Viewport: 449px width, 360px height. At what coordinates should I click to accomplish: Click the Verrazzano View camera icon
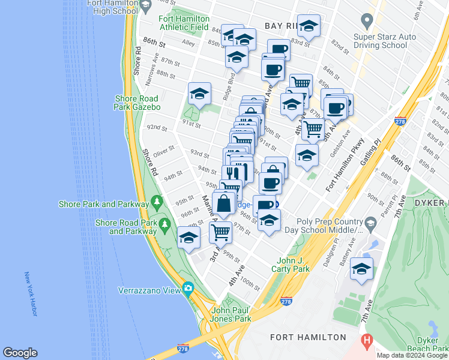coord(188,288)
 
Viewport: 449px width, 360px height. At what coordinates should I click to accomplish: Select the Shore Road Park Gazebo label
coord(137,103)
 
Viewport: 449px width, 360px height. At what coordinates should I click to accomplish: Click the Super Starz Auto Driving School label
coord(385,41)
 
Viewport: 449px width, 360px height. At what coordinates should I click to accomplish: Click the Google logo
coord(20,353)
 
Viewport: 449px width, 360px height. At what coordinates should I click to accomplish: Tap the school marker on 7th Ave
coord(361,269)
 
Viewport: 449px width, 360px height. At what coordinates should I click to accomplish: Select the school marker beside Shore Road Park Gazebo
coord(199,94)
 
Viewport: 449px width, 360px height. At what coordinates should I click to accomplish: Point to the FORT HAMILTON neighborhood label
coord(308,338)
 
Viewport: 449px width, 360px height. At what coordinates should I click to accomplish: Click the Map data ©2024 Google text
coord(412,355)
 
